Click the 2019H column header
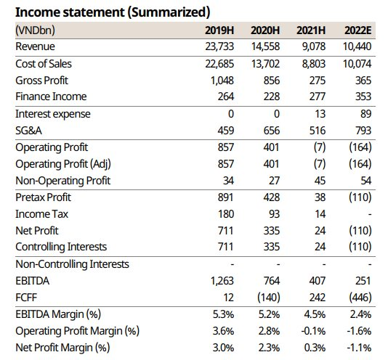(219, 30)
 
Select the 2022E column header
(357, 30)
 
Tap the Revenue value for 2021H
(314, 46)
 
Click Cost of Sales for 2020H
(265, 64)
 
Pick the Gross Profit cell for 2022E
(363, 81)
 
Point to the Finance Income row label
(51, 97)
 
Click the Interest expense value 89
(365, 114)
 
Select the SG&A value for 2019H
(226, 131)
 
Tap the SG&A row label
(29, 131)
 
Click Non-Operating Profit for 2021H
(320, 181)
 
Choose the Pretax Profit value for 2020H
(272, 197)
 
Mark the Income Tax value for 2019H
(226, 214)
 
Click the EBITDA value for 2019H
(222, 281)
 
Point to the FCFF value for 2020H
(269, 298)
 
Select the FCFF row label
(26, 298)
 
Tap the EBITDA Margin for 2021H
(315, 314)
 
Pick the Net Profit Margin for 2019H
(223, 348)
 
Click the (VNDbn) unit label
(35, 30)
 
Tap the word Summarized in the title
(169, 12)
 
